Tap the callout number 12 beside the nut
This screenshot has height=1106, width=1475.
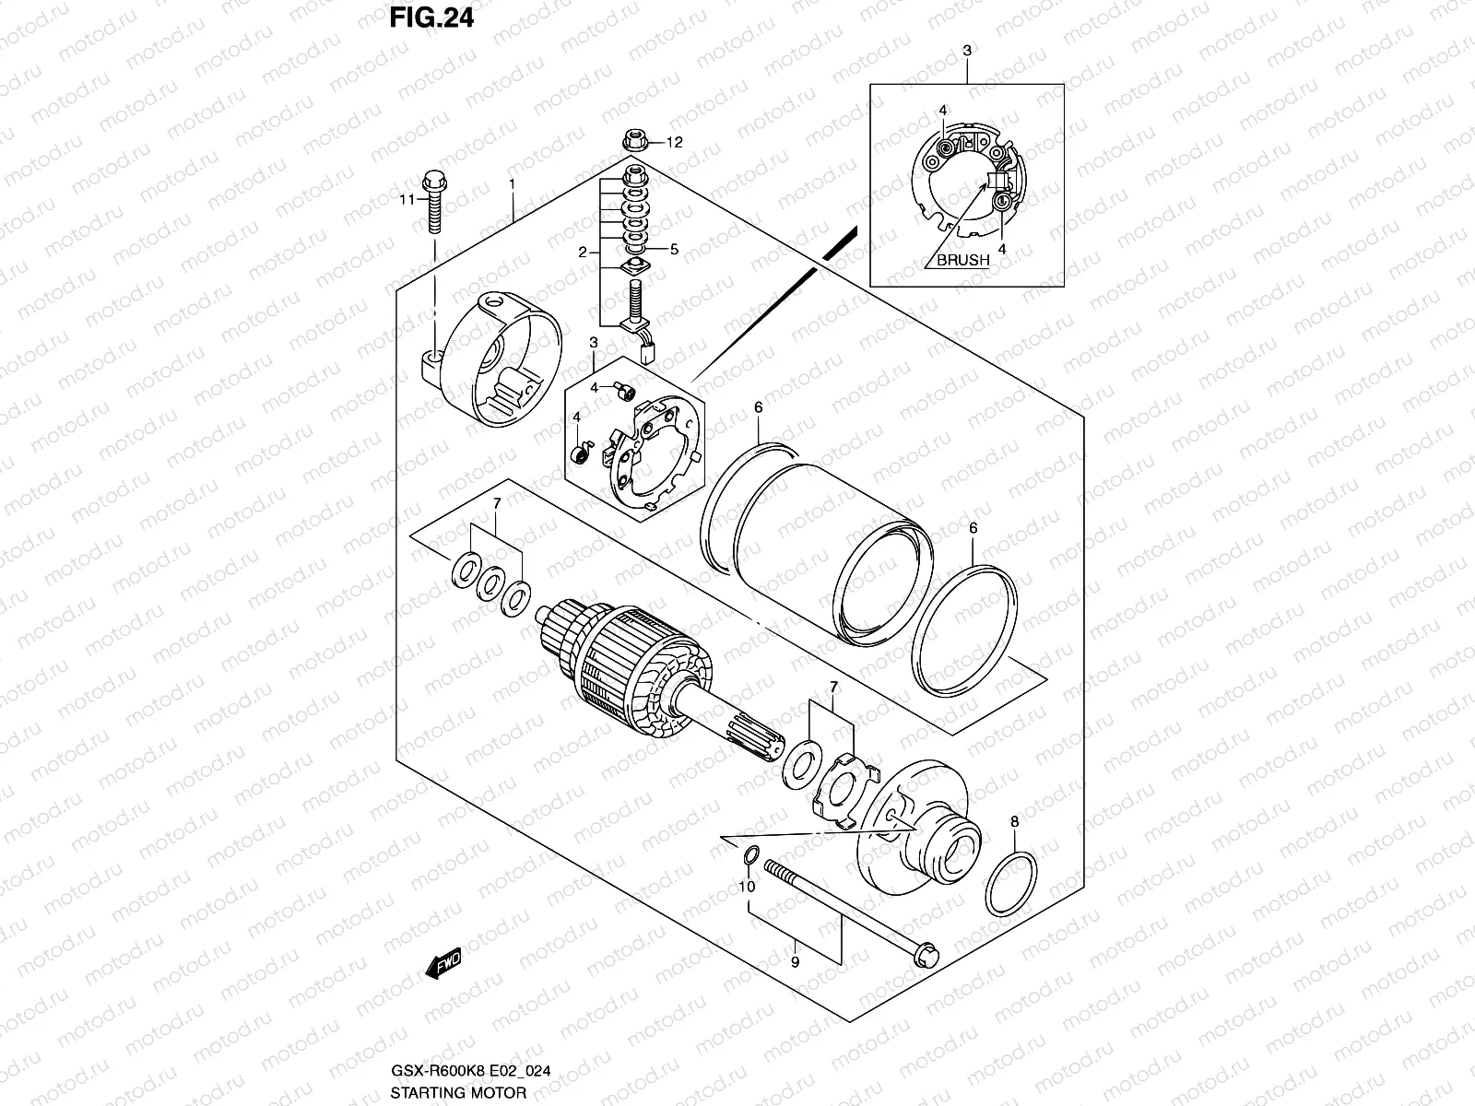pos(675,142)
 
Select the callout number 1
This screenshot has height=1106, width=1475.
pos(512,184)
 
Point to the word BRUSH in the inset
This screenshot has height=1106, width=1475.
pos(962,260)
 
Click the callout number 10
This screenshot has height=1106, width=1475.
pos(747,887)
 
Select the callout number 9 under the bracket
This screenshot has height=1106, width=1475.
pos(796,961)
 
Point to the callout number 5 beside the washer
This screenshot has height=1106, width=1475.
pos(674,249)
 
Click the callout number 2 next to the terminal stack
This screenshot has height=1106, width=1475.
pos(583,252)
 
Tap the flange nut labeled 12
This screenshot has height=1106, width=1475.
pos(635,142)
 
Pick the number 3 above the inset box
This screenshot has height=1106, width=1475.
pos(966,51)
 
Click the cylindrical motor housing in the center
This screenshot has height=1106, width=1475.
pos(811,544)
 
